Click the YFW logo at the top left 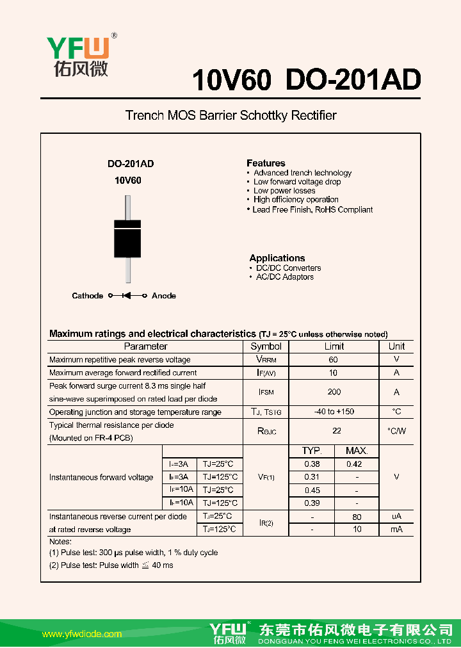click(78, 54)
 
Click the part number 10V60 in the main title click(232, 81)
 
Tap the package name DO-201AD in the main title click(353, 81)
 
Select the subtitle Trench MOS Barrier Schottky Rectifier click(230, 116)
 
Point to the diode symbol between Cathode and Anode click(127, 296)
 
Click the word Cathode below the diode click(87, 296)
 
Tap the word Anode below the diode click(164, 296)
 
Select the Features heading click(266, 163)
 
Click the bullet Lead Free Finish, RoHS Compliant click(312, 209)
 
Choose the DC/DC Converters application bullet click(288, 268)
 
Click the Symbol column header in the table click(266, 346)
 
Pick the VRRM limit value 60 click(334, 360)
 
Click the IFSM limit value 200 click(334, 392)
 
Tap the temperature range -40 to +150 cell click(334, 412)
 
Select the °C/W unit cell click(396, 432)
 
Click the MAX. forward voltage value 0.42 click(354, 464)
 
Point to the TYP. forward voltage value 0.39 click(312, 503)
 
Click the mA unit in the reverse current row click(396, 530)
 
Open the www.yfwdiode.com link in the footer click(81, 634)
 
